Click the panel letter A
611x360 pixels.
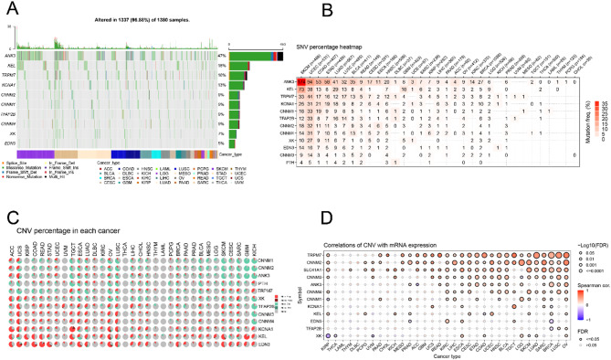pos(7,6)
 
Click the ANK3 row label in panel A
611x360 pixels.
pos(16,57)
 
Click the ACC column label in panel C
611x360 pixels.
pos(12,220)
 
